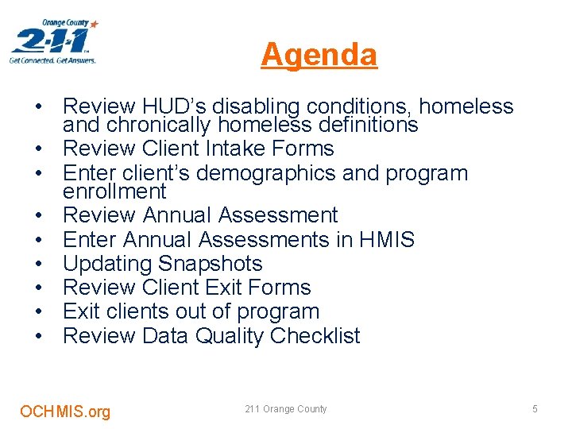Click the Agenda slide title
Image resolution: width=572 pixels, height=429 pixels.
319,55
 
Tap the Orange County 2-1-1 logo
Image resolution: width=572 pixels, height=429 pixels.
54,42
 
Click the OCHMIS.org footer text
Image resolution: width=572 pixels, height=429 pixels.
65,412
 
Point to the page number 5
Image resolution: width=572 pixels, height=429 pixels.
535,409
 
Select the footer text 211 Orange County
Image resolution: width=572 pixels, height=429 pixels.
286,409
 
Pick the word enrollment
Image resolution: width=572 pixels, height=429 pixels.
114,191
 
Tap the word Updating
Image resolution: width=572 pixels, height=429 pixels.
101,264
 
